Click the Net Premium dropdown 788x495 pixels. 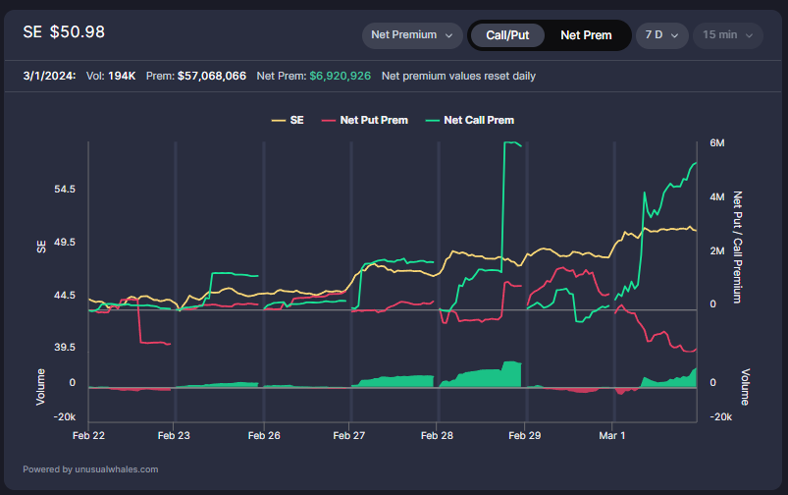tap(412, 35)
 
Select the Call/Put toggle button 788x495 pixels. tap(506, 35)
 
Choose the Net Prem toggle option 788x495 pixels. tap(586, 35)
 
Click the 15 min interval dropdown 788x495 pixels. tap(727, 35)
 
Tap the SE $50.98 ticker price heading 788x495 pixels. tap(64, 32)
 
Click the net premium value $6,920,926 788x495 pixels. tap(340, 76)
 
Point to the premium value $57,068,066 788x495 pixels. tap(212, 76)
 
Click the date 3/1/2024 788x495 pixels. tap(44, 76)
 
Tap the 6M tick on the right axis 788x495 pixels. tap(717, 143)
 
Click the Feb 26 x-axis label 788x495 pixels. tap(264, 433)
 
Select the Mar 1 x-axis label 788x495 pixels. tap(611, 433)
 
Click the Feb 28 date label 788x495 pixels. tap(437, 433)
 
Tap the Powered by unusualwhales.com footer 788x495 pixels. tap(90, 469)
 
